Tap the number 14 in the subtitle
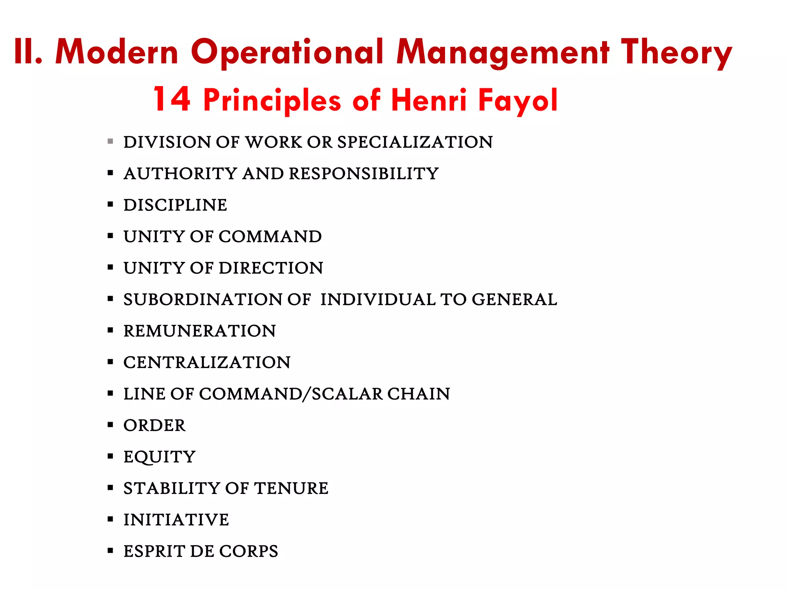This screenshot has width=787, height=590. click(172, 99)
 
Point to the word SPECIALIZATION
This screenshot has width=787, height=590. click(415, 142)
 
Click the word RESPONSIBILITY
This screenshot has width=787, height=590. click(364, 174)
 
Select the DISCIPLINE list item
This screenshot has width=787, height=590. click(175, 205)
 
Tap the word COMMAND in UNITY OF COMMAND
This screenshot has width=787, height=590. click(270, 237)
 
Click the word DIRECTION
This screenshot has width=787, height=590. click(271, 268)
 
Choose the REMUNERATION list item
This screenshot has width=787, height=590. click(199, 331)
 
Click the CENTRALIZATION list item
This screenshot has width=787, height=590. click(207, 363)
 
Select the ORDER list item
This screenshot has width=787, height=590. click(154, 426)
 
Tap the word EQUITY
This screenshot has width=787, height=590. click(159, 457)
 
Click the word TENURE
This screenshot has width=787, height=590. click(292, 489)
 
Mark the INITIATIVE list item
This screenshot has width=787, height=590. click(176, 520)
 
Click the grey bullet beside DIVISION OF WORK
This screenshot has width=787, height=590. click(110, 141)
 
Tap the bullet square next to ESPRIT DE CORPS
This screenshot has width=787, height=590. click(110, 551)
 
